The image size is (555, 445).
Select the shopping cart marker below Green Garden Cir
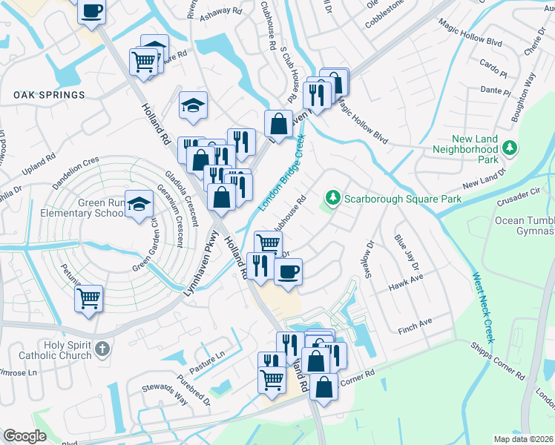pos(89,299)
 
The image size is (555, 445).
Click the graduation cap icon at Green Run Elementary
pos(139,205)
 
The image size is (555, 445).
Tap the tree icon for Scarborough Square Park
pos(333,197)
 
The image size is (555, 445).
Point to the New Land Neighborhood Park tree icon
pos(509,148)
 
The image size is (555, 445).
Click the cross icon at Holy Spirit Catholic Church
pos(102,348)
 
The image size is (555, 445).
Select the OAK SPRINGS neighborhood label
pos(49,95)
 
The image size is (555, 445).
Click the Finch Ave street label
pos(415,324)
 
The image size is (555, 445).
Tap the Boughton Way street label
pos(523,98)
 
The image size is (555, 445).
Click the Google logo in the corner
pos(24,436)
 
